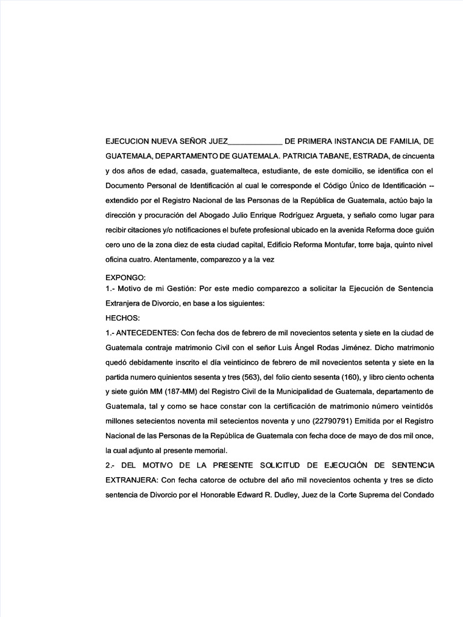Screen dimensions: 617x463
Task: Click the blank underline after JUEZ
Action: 256,143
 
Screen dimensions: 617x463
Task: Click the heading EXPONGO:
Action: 125,278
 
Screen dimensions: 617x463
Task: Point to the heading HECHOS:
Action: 123,318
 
